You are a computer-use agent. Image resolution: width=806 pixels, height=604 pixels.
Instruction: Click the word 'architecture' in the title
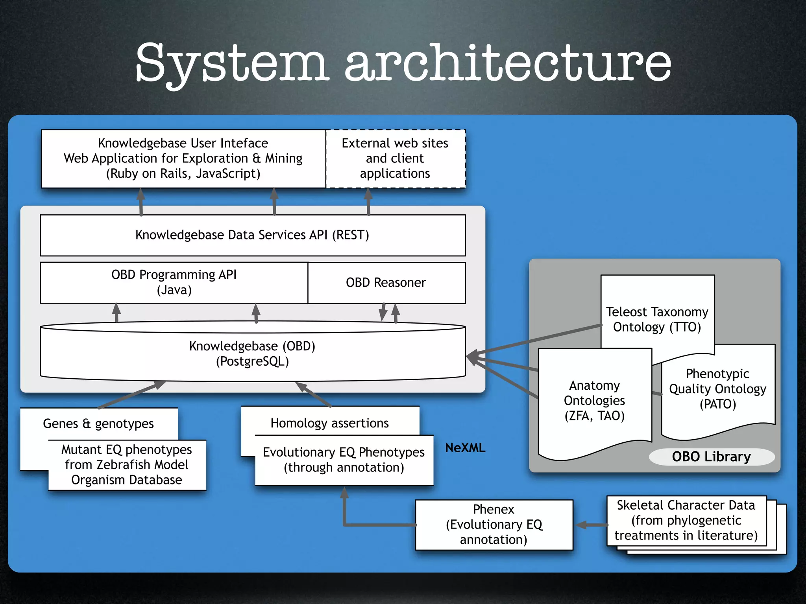(x=508, y=63)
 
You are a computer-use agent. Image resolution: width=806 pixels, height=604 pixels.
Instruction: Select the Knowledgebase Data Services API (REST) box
(x=252, y=235)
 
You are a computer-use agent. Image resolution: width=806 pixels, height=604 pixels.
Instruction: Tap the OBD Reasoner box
(x=386, y=283)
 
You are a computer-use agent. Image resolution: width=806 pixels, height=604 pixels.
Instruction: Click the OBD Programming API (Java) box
(x=174, y=282)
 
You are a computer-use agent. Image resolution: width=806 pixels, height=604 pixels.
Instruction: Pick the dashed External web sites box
(x=395, y=158)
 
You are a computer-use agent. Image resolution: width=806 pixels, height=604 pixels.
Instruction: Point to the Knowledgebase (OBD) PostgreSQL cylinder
(x=252, y=354)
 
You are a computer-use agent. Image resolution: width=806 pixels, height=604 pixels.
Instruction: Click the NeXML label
(x=465, y=447)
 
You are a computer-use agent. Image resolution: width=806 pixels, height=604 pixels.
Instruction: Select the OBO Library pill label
(x=711, y=457)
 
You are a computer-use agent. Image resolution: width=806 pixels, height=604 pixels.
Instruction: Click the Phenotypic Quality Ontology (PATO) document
(x=717, y=389)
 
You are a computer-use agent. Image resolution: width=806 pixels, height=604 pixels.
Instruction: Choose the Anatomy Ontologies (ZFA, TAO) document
(x=594, y=401)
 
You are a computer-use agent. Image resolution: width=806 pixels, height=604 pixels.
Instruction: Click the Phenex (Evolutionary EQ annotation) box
(x=494, y=525)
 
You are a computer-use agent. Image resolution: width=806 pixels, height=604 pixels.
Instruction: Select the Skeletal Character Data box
(x=686, y=520)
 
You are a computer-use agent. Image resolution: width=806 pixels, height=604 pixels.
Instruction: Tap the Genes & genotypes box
(x=98, y=424)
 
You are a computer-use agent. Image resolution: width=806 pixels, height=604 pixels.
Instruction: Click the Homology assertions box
(x=329, y=423)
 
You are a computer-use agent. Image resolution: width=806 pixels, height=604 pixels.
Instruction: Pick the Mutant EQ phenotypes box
(x=127, y=465)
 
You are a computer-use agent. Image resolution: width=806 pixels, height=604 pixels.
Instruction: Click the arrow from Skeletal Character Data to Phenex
(x=592, y=525)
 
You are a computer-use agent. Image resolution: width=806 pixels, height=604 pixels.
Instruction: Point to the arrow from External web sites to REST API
(x=368, y=201)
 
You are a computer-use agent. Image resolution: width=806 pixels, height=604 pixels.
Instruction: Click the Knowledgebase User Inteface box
(x=183, y=158)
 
